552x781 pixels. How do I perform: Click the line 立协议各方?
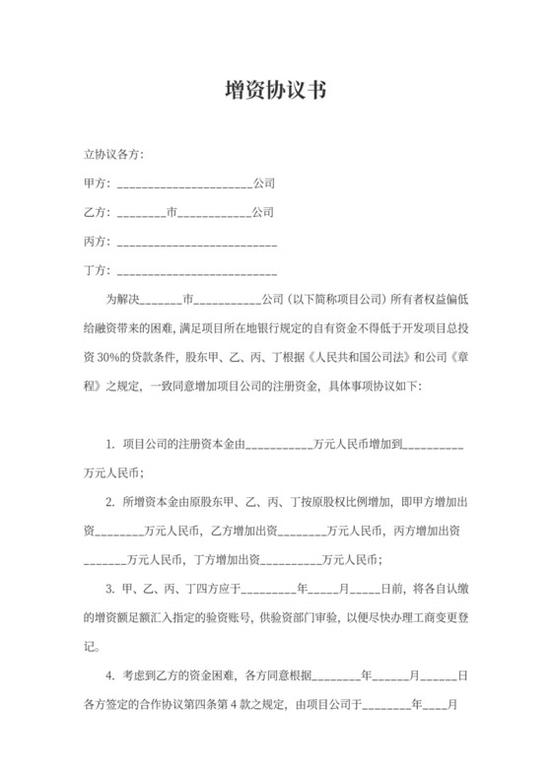point(115,155)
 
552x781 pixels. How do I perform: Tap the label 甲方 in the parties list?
point(96,183)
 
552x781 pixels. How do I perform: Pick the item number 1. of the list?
point(109,446)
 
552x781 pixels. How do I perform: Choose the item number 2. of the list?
point(109,503)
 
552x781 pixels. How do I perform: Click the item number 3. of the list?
point(109,590)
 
